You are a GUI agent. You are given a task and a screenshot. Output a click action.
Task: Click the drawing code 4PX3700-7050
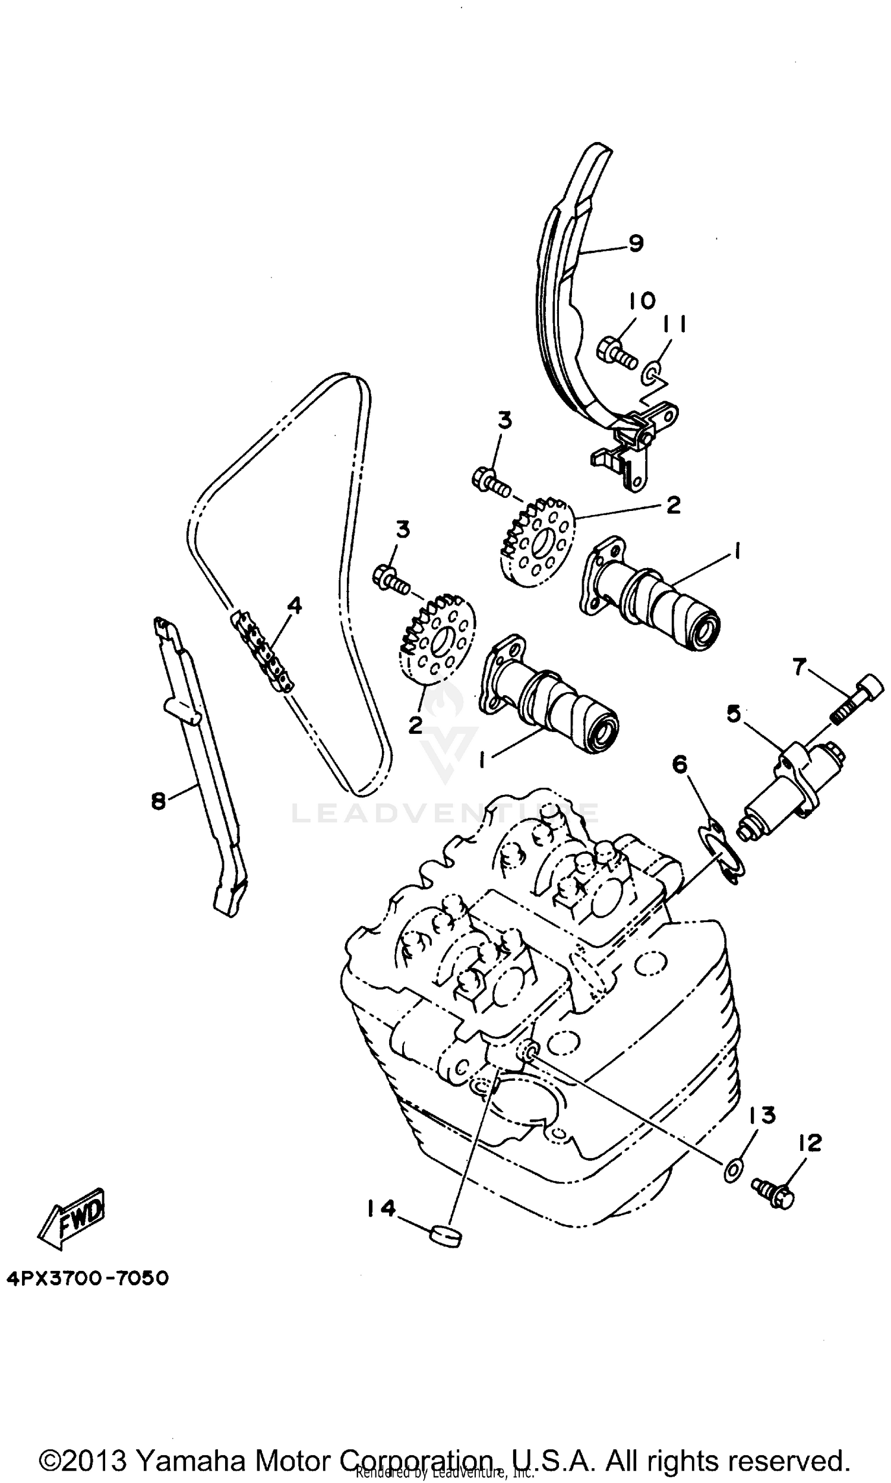(88, 1277)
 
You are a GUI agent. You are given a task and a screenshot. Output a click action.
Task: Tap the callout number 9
(636, 243)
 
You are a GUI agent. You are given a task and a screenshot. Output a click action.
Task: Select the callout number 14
(382, 1207)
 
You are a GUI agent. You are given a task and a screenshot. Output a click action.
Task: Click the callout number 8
(159, 801)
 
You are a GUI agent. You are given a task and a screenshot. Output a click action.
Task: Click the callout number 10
(643, 301)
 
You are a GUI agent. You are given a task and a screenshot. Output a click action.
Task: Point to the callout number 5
(734, 715)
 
